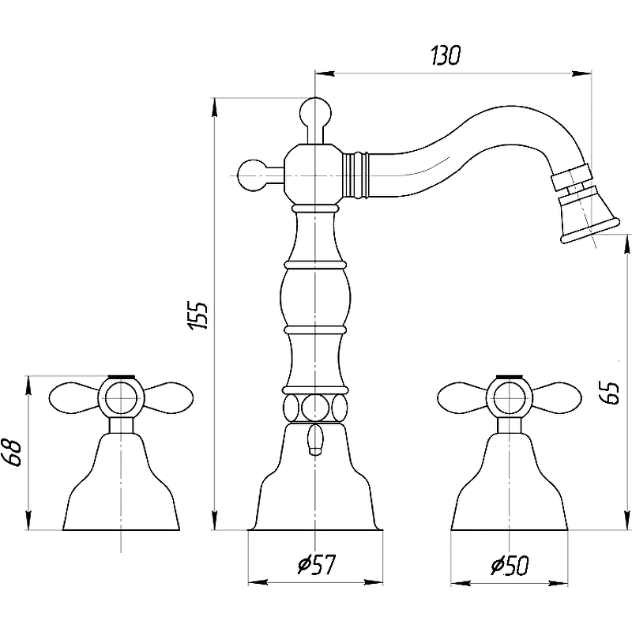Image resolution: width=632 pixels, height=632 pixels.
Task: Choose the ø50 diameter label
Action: (x=510, y=565)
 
